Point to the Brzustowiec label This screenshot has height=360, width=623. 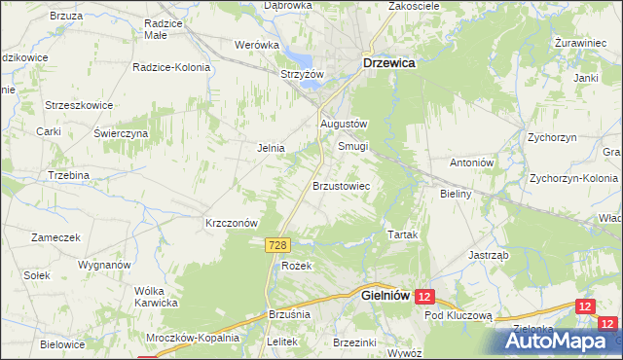[x=340, y=184]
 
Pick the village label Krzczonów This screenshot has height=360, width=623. [x=231, y=222]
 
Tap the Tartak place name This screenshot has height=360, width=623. [x=403, y=236]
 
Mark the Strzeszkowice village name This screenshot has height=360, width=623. [x=80, y=105]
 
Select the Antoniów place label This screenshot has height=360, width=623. [x=473, y=162]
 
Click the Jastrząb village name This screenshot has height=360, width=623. [x=489, y=256]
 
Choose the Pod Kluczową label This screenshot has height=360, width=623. [x=458, y=316]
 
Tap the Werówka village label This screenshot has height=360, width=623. [x=251, y=44]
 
